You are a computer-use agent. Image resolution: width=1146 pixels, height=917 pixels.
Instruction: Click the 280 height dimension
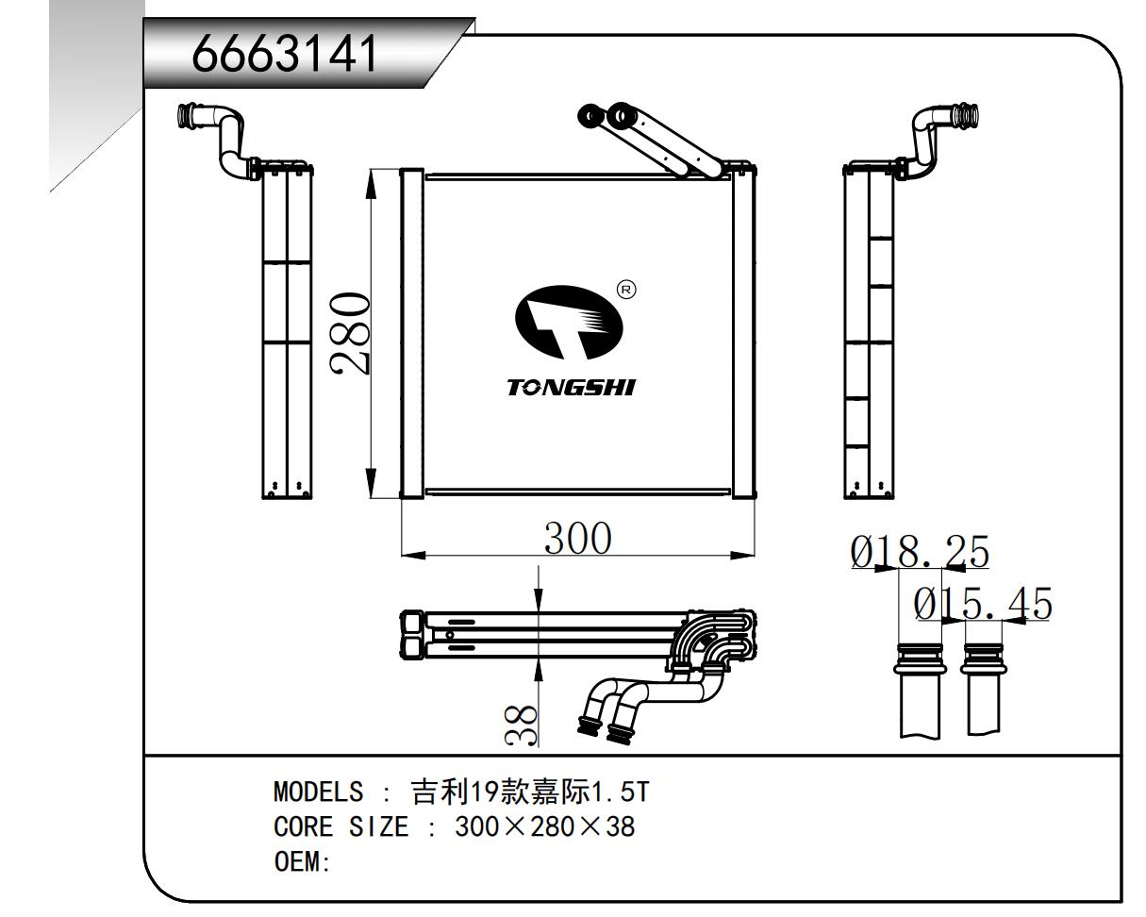[350, 334]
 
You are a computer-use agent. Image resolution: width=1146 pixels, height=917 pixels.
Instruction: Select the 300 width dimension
[578, 538]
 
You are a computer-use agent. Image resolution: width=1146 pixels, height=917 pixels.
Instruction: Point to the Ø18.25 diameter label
[920, 553]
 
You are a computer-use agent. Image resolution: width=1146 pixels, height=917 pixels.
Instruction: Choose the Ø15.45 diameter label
[983, 604]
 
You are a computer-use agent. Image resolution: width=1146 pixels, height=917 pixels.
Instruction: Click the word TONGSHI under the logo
[571, 388]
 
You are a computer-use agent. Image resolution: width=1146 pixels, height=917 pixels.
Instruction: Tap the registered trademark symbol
[624, 289]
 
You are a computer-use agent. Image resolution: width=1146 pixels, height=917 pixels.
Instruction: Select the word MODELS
[318, 791]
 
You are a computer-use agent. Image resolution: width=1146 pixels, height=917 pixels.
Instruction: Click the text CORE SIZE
[340, 827]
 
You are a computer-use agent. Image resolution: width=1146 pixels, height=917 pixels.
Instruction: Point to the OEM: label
[301, 863]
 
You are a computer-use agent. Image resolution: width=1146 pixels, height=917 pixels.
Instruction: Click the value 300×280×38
[545, 827]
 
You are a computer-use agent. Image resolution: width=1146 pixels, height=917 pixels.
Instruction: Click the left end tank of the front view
[411, 333]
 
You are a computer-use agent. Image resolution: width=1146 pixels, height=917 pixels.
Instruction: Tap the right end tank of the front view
[744, 333]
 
